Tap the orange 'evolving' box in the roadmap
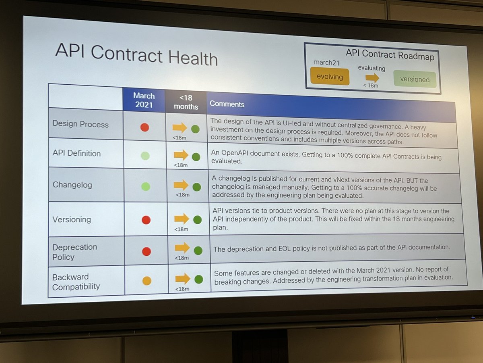tap(330, 76)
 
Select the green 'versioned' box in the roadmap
tap(415, 79)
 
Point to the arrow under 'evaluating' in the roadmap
tap(372, 77)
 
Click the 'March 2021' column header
tap(144, 99)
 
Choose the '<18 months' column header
tap(186, 102)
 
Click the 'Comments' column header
tap(227, 104)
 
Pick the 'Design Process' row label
tap(80, 124)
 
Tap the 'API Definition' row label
tap(76, 153)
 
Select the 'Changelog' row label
tap(72, 185)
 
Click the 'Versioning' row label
tap(72, 219)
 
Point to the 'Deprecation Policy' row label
tap(75, 252)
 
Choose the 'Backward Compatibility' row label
tap(76, 282)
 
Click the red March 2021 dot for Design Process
tap(145, 127)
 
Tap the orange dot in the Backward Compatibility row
tap(147, 281)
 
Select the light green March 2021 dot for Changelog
tap(146, 186)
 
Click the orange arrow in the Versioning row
tap(182, 219)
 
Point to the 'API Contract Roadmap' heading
tap(390, 55)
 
